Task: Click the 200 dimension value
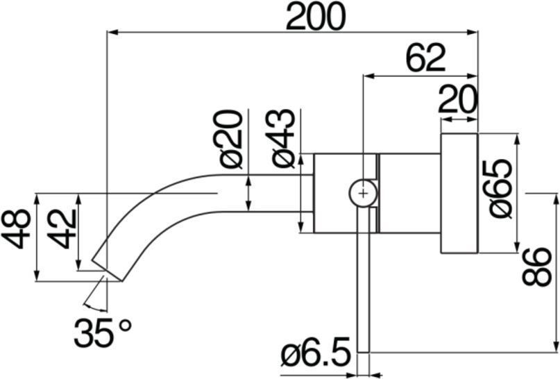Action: coord(316,16)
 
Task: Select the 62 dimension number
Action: coord(427,58)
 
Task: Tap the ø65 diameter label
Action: coord(500,189)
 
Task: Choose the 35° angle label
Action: coord(103,332)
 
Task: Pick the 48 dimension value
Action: coord(16,229)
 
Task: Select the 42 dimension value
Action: coord(62,229)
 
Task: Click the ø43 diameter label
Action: coord(283,139)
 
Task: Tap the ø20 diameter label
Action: coord(230,140)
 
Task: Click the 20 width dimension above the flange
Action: coord(458,99)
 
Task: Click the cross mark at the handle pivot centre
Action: coord(363,193)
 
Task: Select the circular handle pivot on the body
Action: coord(363,193)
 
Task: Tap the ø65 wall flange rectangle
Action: coord(459,193)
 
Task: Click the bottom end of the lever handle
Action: coord(363,352)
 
